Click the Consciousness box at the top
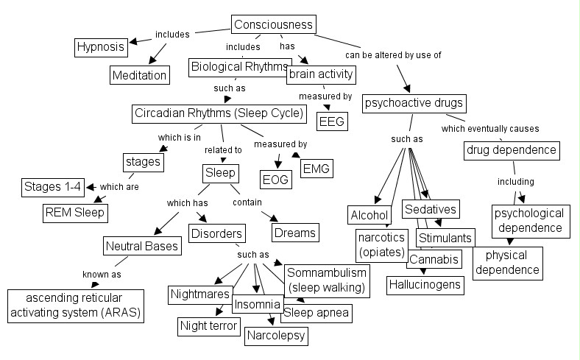coord(275,25)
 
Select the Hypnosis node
coord(102,47)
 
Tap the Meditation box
coord(140,74)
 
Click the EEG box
coord(332,121)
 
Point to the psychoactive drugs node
coord(414,103)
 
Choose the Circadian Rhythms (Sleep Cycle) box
coord(219,113)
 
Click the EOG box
coord(277,178)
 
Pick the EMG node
coord(316,169)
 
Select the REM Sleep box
coord(74,213)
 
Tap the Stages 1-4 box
coord(52,186)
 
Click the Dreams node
coord(294,233)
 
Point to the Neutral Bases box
coord(143,246)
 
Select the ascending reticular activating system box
coord(74,306)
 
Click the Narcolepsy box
coord(275,336)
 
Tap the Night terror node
coord(208,325)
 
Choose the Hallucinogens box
coord(425,284)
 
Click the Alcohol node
coord(369,215)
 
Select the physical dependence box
coord(506,263)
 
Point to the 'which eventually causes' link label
coord(501,129)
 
